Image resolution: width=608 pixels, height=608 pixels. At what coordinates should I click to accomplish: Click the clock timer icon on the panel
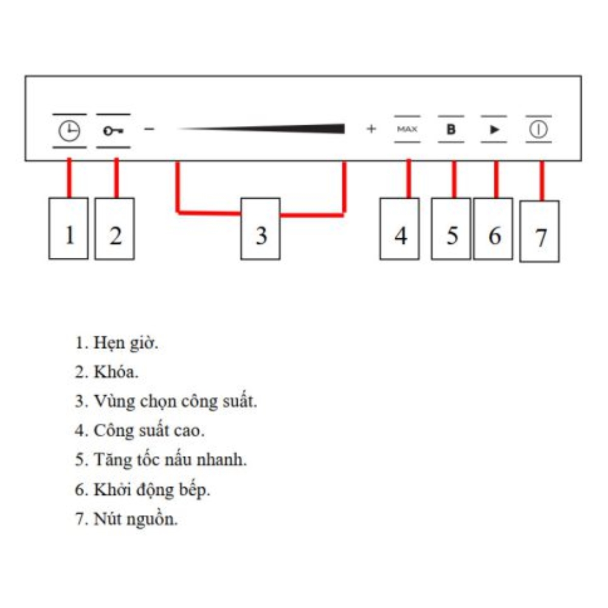[69, 131]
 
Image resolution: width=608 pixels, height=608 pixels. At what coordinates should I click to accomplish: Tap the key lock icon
[113, 131]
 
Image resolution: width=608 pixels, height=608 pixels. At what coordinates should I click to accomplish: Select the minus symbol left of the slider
[150, 129]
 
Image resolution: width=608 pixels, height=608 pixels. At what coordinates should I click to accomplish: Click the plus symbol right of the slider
[371, 129]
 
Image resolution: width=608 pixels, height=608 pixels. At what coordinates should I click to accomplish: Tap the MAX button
[407, 129]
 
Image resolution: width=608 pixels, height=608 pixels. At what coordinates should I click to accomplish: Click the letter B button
[451, 129]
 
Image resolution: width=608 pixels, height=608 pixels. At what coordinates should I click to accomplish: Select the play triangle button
[494, 129]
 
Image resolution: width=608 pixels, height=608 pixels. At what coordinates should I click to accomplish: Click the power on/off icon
[538, 129]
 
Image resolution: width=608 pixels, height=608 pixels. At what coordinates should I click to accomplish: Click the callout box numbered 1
[68, 229]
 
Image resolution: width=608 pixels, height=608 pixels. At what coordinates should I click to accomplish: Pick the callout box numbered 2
[115, 229]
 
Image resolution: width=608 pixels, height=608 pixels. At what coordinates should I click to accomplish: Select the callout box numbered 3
[261, 229]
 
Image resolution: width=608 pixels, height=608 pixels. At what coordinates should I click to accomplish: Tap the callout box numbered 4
[399, 229]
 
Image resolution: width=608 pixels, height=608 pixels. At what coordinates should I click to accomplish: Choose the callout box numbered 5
[451, 229]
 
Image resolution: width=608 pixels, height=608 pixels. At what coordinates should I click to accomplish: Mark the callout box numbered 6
[493, 229]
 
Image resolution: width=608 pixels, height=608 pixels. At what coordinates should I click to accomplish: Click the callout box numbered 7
[539, 232]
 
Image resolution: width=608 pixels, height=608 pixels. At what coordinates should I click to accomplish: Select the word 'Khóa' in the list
[116, 372]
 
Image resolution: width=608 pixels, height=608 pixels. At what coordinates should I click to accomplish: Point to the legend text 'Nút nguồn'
[136, 519]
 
